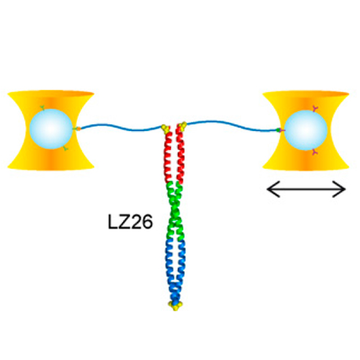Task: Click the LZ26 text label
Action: click(130, 222)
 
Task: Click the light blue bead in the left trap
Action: click(51, 129)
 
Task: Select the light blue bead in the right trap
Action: click(306, 130)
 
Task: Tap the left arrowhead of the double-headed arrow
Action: click(274, 189)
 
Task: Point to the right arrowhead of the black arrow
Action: click(339, 189)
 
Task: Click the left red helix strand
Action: click(168, 157)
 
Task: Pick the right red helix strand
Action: click(180, 156)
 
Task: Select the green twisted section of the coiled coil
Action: click(176, 211)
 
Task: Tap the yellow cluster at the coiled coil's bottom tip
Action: click(175, 305)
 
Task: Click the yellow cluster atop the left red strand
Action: click(166, 128)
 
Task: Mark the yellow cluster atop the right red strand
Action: click(182, 126)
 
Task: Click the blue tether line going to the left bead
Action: click(121, 127)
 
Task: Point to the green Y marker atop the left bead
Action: click(42, 108)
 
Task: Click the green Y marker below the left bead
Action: click(65, 149)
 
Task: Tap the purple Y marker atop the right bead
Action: click(315, 109)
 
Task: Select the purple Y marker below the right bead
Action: click(315, 152)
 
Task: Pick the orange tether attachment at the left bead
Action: click(78, 129)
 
